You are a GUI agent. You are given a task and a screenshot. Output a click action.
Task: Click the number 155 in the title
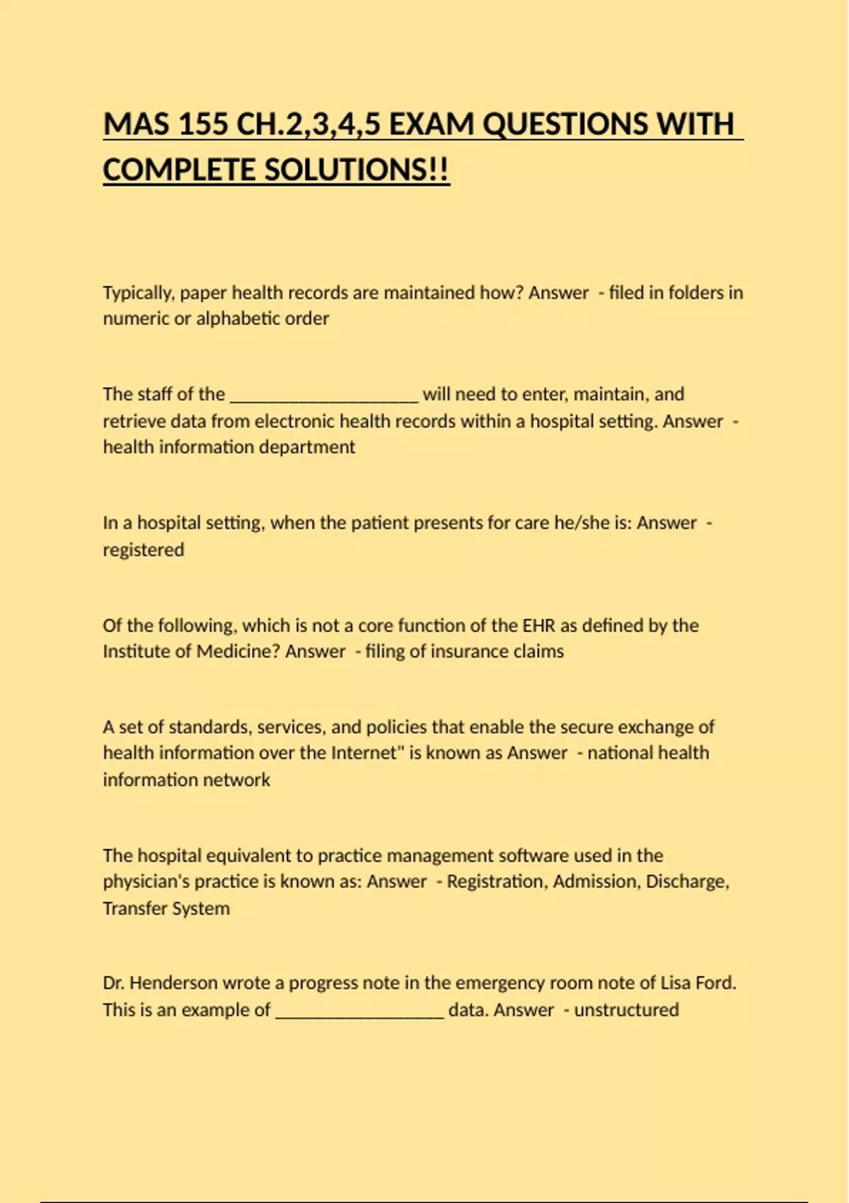(x=204, y=125)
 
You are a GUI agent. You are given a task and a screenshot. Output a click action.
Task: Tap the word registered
(x=143, y=550)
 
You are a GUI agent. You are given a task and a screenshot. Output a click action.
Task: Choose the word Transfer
(x=132, y=909)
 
